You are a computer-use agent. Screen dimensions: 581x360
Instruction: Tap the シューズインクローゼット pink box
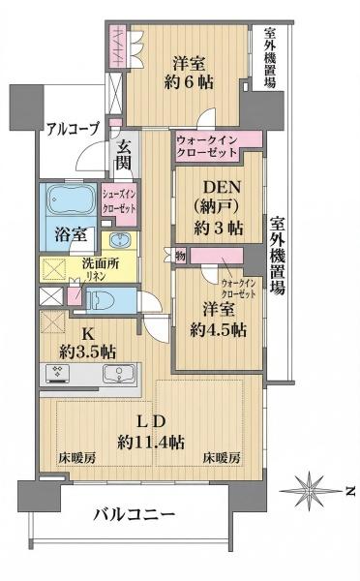click(119, 200)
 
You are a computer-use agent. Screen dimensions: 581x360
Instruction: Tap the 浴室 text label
click(60, 235)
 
